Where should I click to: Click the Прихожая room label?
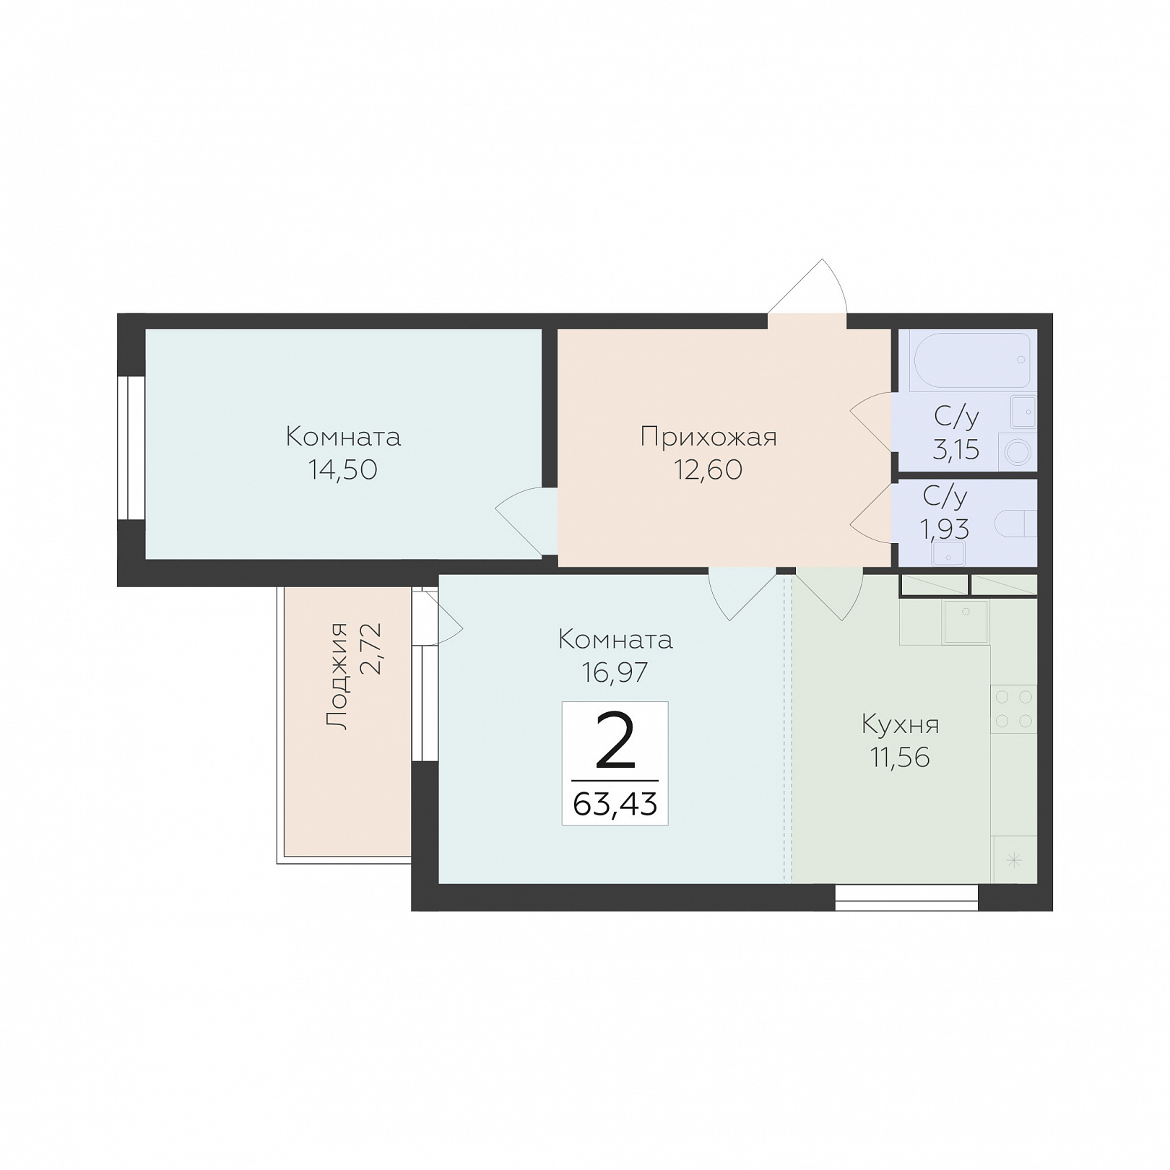[x=708, y=437]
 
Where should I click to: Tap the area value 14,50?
[x=343, y=470]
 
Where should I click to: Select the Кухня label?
[x=900, y=724]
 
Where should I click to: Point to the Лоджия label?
[x=337, y=675]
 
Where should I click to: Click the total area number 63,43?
[x=615, y=803]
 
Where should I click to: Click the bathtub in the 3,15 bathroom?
[x=972, y=361]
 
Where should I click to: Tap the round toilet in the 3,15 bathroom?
[x=1017, y=452]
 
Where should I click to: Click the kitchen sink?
[x=966, y=621]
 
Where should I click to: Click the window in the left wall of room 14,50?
[x=131, y=448]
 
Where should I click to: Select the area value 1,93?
[x=944, y=529]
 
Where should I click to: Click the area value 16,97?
[x=615, y=672]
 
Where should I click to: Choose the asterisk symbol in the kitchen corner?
[x=1014, y=860]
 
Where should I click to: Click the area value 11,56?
[x=900, y=758]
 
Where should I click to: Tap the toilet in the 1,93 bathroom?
[x=1015, y=524]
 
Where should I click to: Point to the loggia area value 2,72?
[x=370, y=648]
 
